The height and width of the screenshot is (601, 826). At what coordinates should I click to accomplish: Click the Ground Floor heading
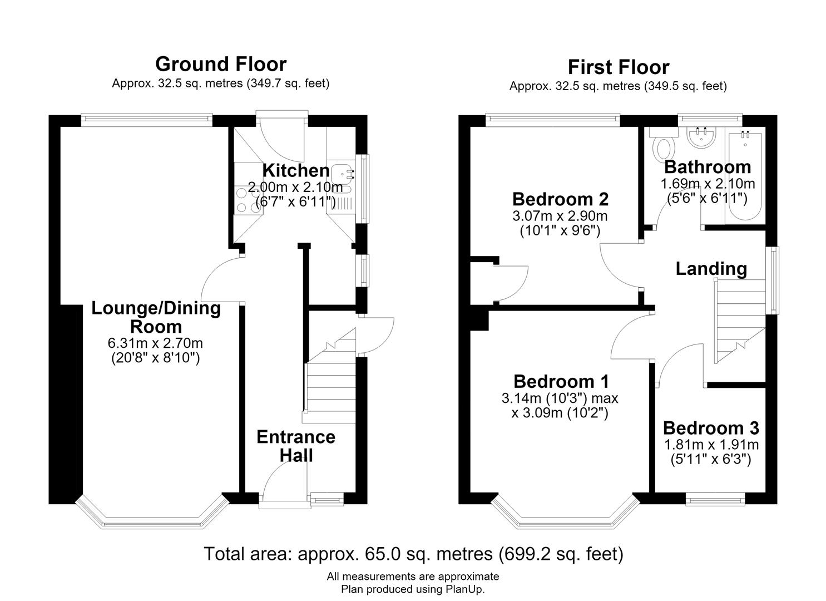(221, 64)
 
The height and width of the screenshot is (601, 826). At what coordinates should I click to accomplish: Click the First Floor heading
(619, 67)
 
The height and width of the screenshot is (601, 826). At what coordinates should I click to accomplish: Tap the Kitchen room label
(296, 170)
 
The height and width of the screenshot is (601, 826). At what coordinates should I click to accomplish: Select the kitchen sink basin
(342, 174)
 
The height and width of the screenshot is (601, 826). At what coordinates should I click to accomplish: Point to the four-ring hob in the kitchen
(248, 200)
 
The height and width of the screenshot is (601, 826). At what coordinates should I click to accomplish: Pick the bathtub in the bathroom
(745, 176)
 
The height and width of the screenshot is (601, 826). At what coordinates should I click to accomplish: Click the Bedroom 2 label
(560, 199)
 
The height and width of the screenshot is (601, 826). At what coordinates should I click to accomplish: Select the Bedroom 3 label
(711, 428)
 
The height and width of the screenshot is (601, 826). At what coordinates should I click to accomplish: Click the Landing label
(711, 269)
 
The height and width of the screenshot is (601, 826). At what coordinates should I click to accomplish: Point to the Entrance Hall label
(296, 446)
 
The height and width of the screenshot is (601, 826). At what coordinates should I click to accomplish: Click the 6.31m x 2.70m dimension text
(155, 343)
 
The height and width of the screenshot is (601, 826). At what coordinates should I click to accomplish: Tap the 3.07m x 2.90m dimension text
(560, 216)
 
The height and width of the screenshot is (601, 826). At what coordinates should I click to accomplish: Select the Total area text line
(413, 554)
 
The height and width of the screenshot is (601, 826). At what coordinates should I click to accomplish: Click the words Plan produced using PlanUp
(413, 589)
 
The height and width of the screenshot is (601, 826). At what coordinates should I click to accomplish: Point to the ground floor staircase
(329, 376)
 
